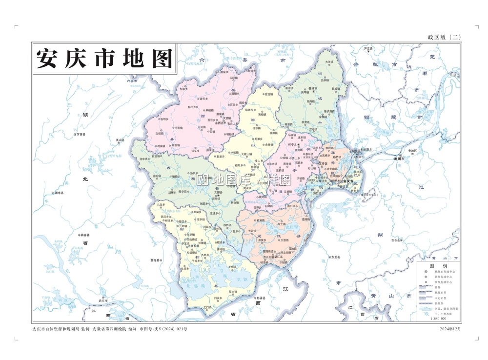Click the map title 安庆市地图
coord(105,59)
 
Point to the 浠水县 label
coord(59,193)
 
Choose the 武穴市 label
coord(103,301)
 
